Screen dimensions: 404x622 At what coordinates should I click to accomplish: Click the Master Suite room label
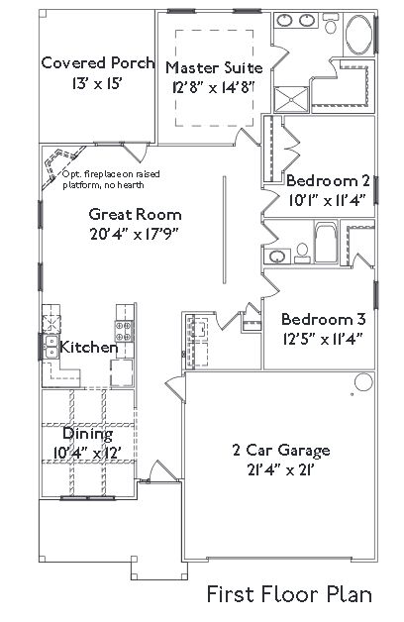click(214, 67)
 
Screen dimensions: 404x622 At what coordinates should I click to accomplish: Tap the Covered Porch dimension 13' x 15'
click(97, 83)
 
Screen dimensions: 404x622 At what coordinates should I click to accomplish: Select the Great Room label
click(136, 215)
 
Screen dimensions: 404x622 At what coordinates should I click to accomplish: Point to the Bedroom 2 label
click(328, 181)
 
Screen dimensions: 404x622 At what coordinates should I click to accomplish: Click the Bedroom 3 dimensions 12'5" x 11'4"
click(323, 340)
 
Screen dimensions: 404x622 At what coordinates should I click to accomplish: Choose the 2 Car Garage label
click(281, 451)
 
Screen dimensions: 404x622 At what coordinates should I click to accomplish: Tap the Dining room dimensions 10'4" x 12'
click(87, 453)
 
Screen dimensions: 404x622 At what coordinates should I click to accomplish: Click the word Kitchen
click(89, 348)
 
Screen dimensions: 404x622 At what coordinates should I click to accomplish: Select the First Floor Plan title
click(289, 595)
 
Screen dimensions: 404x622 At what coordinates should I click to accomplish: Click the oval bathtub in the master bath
click(358, 35)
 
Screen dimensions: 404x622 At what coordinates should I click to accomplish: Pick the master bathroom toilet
click(330, 23)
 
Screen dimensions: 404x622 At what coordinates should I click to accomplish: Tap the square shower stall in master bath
click(291, 99)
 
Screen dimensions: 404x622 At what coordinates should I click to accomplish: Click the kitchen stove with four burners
click(124, 331)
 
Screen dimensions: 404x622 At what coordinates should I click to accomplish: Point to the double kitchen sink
click(50, 347)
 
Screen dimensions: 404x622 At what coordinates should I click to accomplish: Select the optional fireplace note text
click(112, 179)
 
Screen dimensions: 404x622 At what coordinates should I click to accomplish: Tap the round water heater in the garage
click(363, 382)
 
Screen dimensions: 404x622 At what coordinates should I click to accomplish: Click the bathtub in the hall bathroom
click(326, 243)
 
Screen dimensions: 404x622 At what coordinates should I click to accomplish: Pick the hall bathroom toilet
click(302, 254)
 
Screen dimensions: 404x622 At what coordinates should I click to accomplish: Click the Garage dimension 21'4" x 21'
click(281, 470)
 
